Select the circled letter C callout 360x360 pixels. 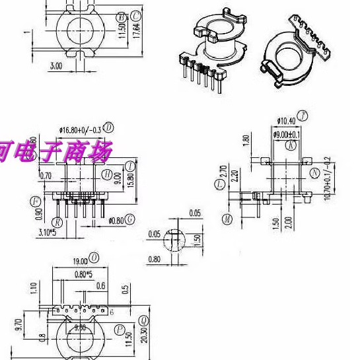135,15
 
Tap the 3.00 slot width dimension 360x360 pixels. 56,65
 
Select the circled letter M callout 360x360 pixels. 228,219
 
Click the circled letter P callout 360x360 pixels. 120,328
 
